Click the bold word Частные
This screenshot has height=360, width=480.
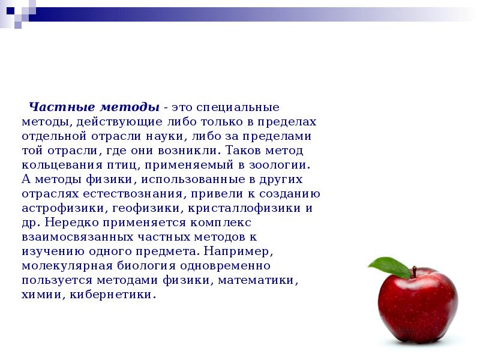[x=62, y=107]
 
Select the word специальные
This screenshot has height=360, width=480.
[x=238, y=107]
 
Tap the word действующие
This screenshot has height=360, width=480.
[x=119, y=122]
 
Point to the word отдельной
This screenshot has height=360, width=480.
[x=54, y=136]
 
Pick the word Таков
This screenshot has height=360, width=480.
[x=243, y=151]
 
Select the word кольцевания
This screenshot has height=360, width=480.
[x=62, y=165]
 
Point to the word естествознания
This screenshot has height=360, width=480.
[x=133, y=194]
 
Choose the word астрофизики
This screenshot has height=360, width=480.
[x=63, y=208]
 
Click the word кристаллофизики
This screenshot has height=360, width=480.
[x=244, y=208]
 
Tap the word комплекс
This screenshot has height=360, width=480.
[x=221, y=223]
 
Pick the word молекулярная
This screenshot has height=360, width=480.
[x=67, y=266]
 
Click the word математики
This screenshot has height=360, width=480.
[x=256, y=280]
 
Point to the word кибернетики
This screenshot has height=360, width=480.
[x=111, y=295]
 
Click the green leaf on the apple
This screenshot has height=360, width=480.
[x=389, y=267]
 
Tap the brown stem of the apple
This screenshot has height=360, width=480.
[x=414, y=272]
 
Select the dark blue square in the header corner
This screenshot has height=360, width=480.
[x=11, y=11]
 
